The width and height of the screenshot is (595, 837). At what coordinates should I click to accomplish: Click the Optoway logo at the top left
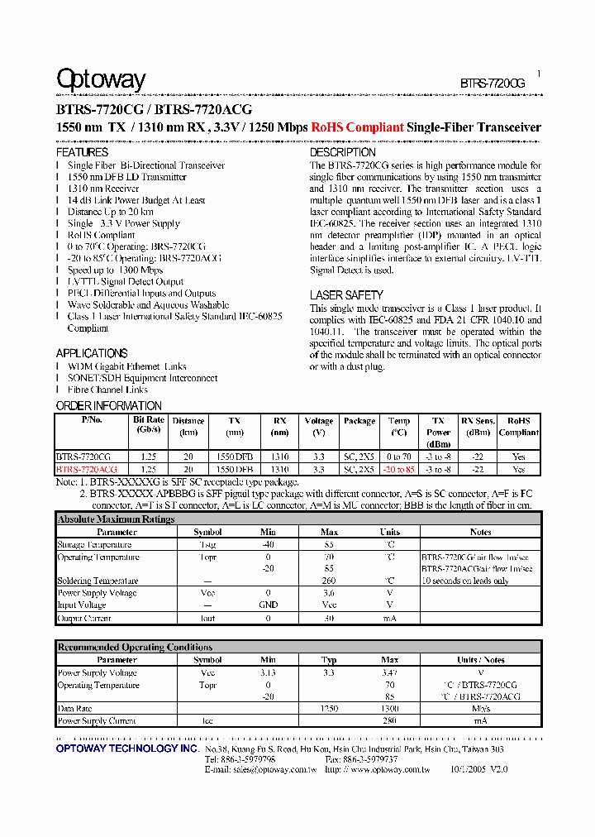[x=100, y=79]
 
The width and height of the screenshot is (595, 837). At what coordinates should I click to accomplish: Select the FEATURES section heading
[x=82, y=153]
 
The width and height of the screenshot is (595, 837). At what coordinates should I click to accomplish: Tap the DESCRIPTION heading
[x=342, y=153]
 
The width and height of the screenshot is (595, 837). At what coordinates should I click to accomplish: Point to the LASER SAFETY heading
[x=346, y=295]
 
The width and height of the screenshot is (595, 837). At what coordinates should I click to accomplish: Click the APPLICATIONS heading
[x=91, y=353]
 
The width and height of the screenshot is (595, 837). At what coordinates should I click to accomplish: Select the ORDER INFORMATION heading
[x=108, y=406]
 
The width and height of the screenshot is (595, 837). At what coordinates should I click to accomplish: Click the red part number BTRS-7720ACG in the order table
[x=87, y=469]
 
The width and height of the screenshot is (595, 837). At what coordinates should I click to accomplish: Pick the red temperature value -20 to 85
[x=398, y=469]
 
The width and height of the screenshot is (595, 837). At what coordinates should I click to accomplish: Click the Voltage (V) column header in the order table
[x=319, y=426]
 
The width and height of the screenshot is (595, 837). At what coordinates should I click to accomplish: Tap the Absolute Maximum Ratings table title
[x=116, y=519]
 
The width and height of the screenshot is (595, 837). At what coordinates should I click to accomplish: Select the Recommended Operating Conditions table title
[x=135, y=647]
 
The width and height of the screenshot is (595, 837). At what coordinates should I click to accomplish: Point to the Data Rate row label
[x=75, y=709]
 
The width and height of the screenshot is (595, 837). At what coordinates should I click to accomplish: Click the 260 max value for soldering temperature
[x=329, y=581]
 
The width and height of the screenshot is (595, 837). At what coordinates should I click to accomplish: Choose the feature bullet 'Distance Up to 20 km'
[x=110, y=212]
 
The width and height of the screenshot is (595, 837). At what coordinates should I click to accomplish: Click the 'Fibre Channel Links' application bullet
[x=107, y=390]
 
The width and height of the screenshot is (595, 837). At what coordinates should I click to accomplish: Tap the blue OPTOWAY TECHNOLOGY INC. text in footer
[x=127, y=749]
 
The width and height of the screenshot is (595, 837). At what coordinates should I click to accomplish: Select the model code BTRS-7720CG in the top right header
[x=492, y=84]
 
